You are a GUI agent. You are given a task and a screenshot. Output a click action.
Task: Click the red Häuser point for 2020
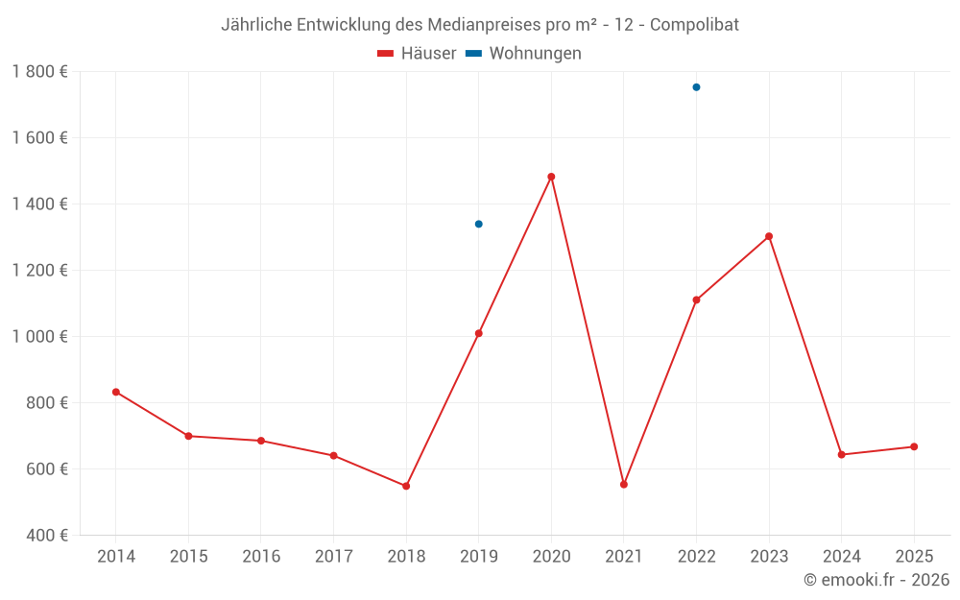coord(551,177)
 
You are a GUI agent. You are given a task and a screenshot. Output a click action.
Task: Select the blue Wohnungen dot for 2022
coord(696,87)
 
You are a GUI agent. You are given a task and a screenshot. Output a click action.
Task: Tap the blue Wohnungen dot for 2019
coord(478,224)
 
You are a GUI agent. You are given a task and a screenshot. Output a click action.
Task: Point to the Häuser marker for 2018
coord(406,486)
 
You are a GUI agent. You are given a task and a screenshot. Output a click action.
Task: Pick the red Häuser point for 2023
coord(769,236)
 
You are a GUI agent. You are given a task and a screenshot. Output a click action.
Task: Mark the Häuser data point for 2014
coord(116,392)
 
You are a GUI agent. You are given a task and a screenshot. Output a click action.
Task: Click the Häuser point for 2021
coord(624,484)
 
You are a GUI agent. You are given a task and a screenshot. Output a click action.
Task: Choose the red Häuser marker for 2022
coord(696,300)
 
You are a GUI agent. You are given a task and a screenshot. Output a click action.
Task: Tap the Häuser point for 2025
coord(914,446)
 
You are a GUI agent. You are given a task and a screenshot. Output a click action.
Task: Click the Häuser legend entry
coord(418,54)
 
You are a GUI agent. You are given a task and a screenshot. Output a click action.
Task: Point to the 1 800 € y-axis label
coord(39,72)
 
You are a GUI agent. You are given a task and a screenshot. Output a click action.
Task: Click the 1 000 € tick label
coord(39,337)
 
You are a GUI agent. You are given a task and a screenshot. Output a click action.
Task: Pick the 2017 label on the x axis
coord(333,557)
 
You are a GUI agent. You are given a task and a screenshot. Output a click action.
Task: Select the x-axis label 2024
coord(841,557)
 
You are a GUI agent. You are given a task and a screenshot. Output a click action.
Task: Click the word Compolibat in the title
coord(694,25)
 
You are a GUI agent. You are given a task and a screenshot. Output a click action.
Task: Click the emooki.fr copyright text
coord(876,580)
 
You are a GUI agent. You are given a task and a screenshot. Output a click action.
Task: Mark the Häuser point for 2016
coord(261,441)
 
